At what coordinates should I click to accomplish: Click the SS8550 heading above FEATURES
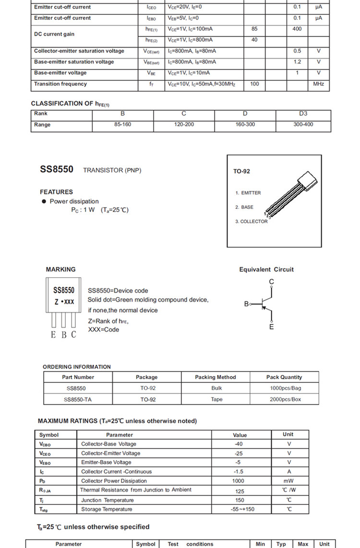point(57,169)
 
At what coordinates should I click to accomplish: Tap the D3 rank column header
point(303,114)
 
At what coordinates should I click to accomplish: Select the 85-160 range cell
point(123,125)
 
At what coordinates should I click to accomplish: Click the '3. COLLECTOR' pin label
point(252,222)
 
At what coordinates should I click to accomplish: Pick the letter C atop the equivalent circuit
point(272,282)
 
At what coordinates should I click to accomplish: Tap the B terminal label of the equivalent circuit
point(246,304)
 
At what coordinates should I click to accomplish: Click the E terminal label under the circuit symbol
point(272,327)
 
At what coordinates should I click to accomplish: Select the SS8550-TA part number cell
point(78,399)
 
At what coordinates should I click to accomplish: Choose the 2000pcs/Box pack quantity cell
point(285,399)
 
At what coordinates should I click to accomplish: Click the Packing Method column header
point(216,377)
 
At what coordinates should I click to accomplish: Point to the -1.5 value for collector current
point(240,472)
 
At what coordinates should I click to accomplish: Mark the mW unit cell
point(288,481)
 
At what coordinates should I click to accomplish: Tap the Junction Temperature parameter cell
point(108,500)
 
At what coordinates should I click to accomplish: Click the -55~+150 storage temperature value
point(240,509)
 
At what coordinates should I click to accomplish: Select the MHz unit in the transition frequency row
point(319,84)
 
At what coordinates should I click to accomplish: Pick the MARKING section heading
point(60,270)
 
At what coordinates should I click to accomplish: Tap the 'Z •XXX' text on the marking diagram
point(64,302)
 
